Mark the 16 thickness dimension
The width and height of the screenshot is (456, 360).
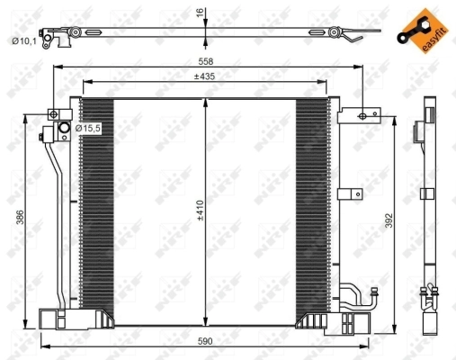(200, 13)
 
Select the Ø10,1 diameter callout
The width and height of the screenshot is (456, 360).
(23, 40)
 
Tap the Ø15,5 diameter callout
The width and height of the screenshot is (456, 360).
(89, 129)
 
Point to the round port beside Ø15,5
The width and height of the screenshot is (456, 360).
(64, 130)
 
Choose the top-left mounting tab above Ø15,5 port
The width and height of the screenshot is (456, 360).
(56, 114)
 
